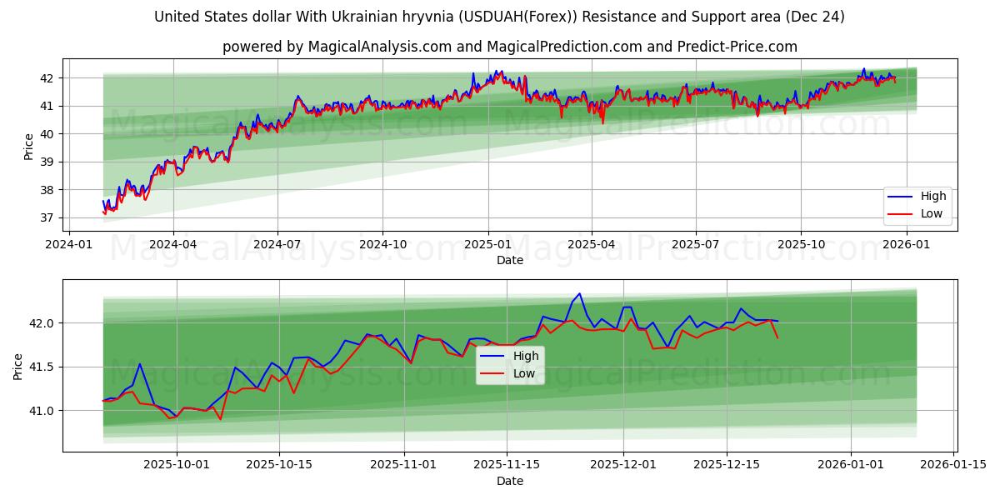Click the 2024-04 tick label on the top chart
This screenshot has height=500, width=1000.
pos(173,244)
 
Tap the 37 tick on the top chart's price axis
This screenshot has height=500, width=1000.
pos(47,218)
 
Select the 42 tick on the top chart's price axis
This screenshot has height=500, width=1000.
pos(47,78)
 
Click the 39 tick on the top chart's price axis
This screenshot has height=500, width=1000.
pos(47,162)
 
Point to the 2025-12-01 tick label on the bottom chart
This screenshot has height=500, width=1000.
pos(623,465)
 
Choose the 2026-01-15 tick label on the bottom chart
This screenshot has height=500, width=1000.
pos(954,465)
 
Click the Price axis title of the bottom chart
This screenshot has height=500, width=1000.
pos(18,366)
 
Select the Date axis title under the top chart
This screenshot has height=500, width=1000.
pos(510,260)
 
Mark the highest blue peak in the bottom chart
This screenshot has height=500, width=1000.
pos(579,293)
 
